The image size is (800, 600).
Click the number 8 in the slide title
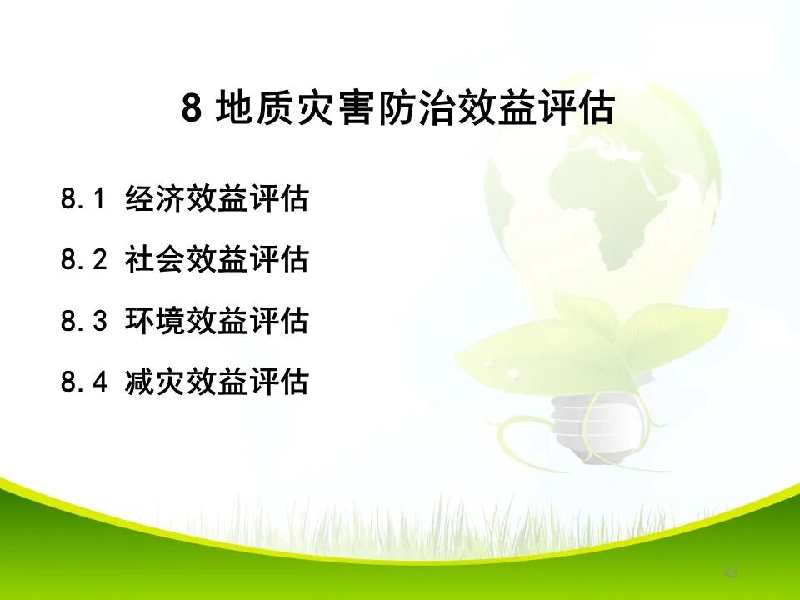192,109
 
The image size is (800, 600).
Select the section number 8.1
84,200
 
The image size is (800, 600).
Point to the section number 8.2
84,261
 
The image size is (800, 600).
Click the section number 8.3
84,322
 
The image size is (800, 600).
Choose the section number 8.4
84,382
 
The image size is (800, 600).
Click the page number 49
731,572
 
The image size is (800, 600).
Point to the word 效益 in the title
497,109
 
